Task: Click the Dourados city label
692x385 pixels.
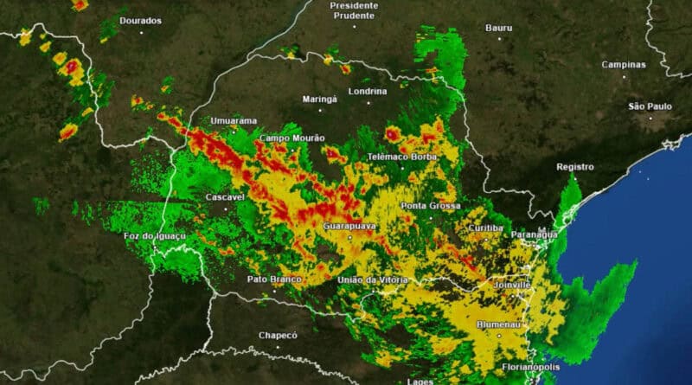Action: click(141, 20)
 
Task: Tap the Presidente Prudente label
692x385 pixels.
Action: click(354, 10)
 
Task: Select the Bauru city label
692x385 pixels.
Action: click(498, 28)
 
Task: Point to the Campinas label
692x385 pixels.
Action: click(624, 64)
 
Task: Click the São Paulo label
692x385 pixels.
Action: click(650, 106)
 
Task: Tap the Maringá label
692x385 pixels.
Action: click(319, 99)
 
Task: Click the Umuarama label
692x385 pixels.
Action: click(234, 121)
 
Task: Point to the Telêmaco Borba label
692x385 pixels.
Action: click(402, 157)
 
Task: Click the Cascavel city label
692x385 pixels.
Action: click(225, 197)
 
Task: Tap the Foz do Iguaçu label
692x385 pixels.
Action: click(155, 236)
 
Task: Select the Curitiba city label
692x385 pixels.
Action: click(484, 228)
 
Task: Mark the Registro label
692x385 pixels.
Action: click(575, 166)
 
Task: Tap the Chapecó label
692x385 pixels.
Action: click(278, 335)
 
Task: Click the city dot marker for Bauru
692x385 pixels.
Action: click(499, 40)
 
